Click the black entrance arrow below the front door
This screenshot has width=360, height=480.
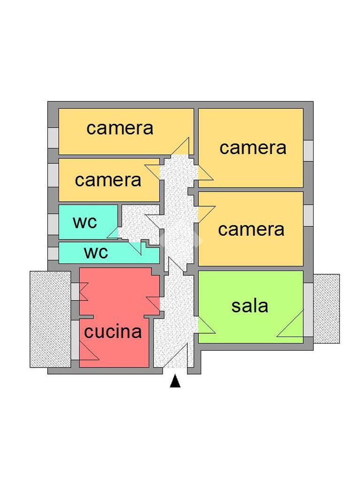click(175, 382)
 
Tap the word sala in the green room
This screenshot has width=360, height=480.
click(250, 306)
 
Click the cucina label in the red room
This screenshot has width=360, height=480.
click(113, 332)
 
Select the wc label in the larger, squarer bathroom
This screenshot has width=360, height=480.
click(85, 222)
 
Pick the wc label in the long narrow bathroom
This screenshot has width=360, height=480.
click(96, 252)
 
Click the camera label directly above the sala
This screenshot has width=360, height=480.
click(251, 229)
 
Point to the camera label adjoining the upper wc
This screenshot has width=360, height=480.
click(108, 180)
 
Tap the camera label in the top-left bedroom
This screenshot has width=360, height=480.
click(120, 128)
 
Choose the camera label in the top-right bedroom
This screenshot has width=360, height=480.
click(253, 148)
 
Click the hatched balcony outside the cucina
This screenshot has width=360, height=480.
click(50, 319)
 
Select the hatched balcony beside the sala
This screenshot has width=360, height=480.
click(326, 308)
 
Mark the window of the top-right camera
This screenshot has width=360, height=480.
click(308, 150)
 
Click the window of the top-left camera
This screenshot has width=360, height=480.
click(53, 138)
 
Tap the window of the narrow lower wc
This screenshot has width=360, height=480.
click(53, 253)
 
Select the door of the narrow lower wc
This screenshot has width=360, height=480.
click(136, 247)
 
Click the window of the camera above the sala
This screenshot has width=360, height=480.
click(308, 215)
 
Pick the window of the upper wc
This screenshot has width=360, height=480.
click(53, 224)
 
